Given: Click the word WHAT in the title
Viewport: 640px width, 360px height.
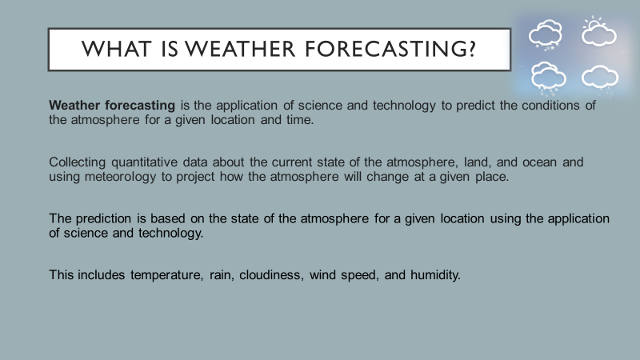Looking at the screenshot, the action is coord(116,49).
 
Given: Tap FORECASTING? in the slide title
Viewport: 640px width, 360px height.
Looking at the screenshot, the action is coord(390,49).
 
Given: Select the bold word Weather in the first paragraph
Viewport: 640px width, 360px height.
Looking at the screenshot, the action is coord(74,106).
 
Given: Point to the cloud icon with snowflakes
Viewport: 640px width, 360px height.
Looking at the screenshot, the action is coord(546,34).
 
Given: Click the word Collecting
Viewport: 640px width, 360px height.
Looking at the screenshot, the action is coord(78,162).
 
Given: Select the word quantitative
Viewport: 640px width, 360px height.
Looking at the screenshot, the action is coord(145,162).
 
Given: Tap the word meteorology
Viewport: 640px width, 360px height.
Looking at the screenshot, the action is coord(121,177).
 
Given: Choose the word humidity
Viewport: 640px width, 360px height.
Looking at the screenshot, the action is coord(435,275).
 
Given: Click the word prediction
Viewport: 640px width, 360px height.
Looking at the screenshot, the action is coord(104,218).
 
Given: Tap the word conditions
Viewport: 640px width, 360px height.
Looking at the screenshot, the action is coord(550,106).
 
